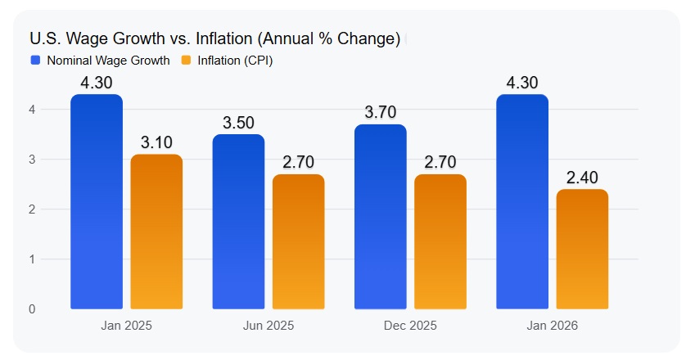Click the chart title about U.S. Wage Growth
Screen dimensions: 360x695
[x=214, y=38]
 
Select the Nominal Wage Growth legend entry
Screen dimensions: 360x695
[x=101, y=60]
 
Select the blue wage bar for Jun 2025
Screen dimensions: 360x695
[x=238, y=222]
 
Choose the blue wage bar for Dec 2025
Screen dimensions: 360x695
[x=381, y=217]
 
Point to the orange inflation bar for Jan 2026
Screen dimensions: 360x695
[x=582, y=249]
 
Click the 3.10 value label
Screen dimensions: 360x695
[x=156, y=142]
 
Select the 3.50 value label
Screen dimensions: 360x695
[x=238, y=122]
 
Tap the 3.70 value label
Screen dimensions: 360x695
[x=381, y=112]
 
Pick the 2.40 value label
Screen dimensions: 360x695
[x=582, y=177]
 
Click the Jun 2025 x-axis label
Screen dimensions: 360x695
[x=269, y=325]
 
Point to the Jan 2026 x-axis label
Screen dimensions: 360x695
[x=553, y=325]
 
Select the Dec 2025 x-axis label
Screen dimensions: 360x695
[x=410, y=325]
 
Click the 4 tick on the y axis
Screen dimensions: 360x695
[x=32, y=109]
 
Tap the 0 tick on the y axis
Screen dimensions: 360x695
[x=32, y=309]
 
